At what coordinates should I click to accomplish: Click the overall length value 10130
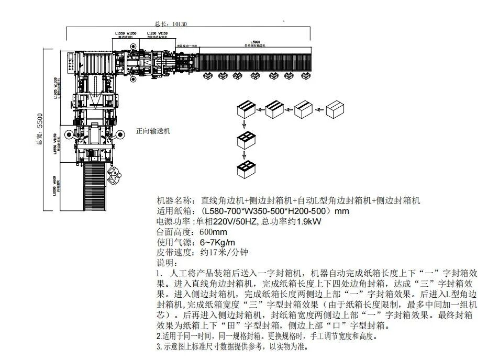click(179, 24)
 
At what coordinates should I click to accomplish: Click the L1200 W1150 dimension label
click(157, 35)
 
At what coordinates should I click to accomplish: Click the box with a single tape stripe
click(304, 109)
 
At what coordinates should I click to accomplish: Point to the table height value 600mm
click(213, 232)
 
